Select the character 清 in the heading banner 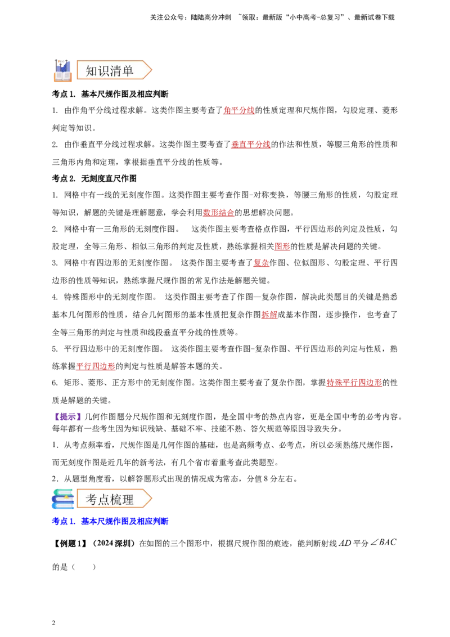[x=116, y=71]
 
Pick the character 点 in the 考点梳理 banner [x=104, y=499]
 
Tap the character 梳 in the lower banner [x=116, y=499]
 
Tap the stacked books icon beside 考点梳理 [x=63, y=499]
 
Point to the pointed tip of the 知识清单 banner [x=150, y=70]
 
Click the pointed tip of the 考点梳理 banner [x=150, y=499]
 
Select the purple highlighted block [x=67, y=416]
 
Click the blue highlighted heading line [x=110, y=521]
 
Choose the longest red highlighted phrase [x=354, y=383]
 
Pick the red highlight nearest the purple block [x=96, y=367]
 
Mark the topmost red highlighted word [x=238, y=110]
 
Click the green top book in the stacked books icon [x=64, y=491]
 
